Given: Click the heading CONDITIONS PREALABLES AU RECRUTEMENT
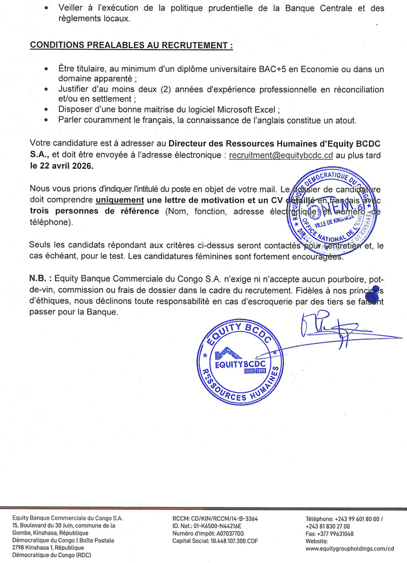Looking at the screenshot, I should point(131,45).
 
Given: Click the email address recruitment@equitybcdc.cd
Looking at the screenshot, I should point(280,155).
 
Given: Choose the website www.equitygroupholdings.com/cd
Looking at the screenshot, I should point(350,548).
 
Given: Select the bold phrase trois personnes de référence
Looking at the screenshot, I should point(94,211).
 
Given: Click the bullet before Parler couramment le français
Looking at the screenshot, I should point(46,120).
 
